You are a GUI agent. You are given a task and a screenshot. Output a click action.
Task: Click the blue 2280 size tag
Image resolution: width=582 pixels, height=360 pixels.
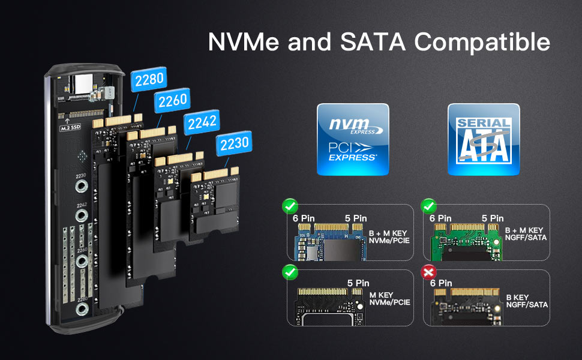click(x=149, y=80)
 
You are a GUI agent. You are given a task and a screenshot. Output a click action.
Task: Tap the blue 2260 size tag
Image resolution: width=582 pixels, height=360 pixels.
click(x=172, y=100)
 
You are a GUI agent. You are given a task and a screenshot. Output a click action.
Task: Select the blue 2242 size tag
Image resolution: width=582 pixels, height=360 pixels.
click(x=202, y=124)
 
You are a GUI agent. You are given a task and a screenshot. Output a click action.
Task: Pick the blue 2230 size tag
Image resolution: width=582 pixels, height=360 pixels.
click(x=233, y=145)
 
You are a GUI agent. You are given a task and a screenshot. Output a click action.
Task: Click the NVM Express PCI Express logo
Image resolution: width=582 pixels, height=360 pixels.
click(x=353, y=139)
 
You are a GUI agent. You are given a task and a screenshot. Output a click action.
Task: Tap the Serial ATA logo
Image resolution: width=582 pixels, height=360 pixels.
click(x=484, y=139)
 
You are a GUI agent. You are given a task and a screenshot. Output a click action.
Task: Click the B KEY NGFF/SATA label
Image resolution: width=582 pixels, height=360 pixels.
click(x=527, y=301)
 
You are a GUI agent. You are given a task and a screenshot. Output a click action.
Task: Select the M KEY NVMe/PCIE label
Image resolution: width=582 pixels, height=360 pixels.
click(x=389, y=298)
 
